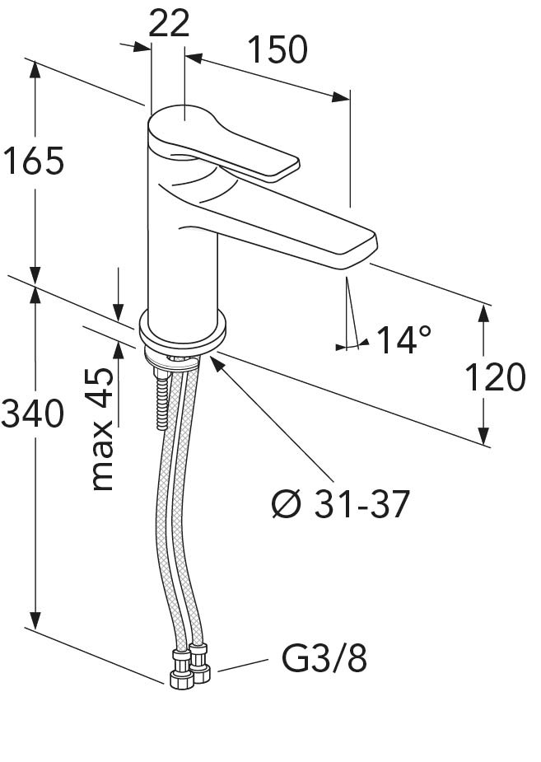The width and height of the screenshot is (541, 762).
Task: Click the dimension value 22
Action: [x=169, y=23]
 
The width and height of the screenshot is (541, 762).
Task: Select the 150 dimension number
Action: [x=277, y=49]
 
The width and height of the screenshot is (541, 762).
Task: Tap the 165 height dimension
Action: [x=33, y=161]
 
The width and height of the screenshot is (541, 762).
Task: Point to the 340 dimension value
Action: [x=32, y=413]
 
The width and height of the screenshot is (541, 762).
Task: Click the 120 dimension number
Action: [x=495, y=377]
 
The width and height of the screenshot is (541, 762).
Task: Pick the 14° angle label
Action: [x=403, y=339]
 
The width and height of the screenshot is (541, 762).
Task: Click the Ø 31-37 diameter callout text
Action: [x=340, y=503]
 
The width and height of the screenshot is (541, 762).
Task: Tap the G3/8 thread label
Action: [x=324, y=659]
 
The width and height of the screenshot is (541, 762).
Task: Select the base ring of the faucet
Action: [x=183, y=333]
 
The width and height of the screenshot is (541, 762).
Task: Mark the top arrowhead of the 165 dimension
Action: [x=35, y=72]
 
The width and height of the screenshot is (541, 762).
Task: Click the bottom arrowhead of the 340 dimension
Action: [x=35, y=619]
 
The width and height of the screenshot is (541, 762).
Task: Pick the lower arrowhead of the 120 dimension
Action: [x=483, y=436]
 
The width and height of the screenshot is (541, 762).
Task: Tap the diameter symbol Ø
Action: [x=285, y=503]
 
